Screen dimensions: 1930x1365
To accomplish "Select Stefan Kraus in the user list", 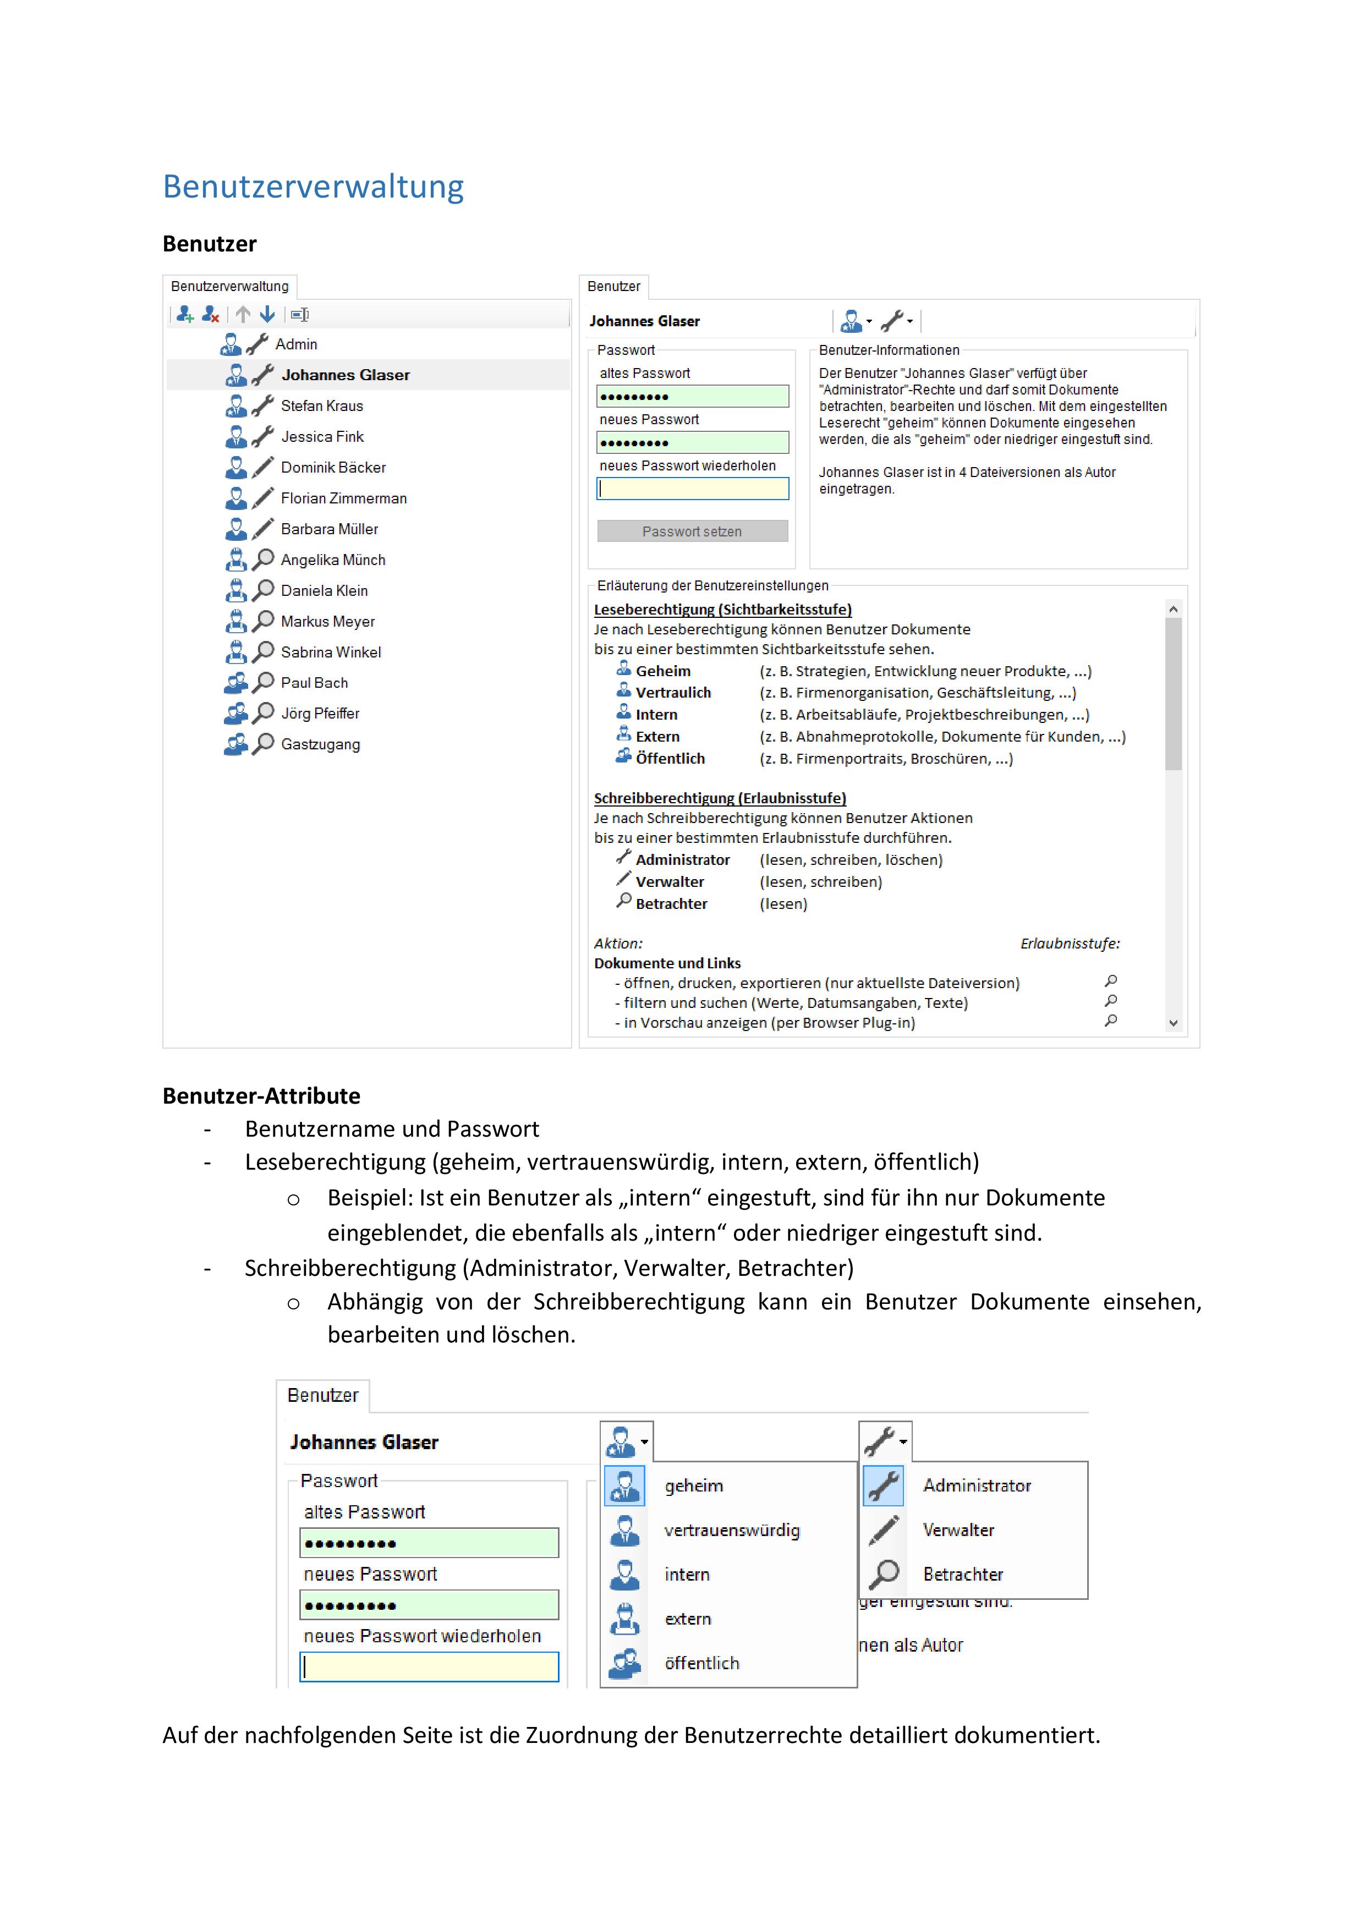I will click(x=322, y=406).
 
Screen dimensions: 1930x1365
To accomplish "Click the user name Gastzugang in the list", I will click(x=320, y=745).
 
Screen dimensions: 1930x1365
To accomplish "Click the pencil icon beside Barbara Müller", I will click(x=263, y=528).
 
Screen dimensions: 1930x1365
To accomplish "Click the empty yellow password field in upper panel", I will click(x=693, y=489).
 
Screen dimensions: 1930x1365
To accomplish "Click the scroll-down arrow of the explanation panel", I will click(x=1174, y=1023).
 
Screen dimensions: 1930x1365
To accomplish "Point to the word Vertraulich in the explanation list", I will click(x=673, y=693).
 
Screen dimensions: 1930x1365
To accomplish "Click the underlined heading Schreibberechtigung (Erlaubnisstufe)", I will click(x=720, y=798).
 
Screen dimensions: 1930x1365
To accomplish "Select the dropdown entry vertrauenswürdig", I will click(x=731, y=1530).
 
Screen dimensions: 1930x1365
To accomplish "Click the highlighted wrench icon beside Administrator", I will click(x=884, y=1485).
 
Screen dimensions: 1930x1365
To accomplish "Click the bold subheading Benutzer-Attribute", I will click(x=261, y=1095).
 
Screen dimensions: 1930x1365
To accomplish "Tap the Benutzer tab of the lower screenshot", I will click(x=323, y=1395).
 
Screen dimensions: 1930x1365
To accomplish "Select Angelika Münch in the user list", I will click(x=333, y=560).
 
